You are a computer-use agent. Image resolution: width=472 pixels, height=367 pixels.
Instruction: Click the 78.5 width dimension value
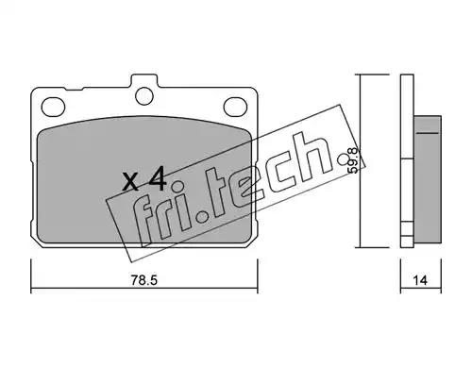click(143, 279)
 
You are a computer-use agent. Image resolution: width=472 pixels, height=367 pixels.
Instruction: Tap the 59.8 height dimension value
click(353, 160)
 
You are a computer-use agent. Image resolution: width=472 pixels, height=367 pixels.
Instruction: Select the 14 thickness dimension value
click(420, 280)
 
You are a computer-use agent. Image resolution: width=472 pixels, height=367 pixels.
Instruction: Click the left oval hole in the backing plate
click(53, 107)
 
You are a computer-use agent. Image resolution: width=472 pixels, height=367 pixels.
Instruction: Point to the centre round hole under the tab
click(145, 95)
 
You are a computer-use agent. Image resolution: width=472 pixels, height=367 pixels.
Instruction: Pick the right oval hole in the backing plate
click(235, 106)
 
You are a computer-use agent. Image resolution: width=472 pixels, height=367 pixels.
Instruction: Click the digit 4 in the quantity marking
click(158, 179)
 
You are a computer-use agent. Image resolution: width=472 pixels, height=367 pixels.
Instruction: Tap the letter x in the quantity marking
click(130, 183)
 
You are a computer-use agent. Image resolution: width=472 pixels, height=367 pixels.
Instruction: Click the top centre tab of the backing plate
click(143, 81)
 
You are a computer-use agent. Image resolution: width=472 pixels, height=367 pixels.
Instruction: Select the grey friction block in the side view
click(428, 179)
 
